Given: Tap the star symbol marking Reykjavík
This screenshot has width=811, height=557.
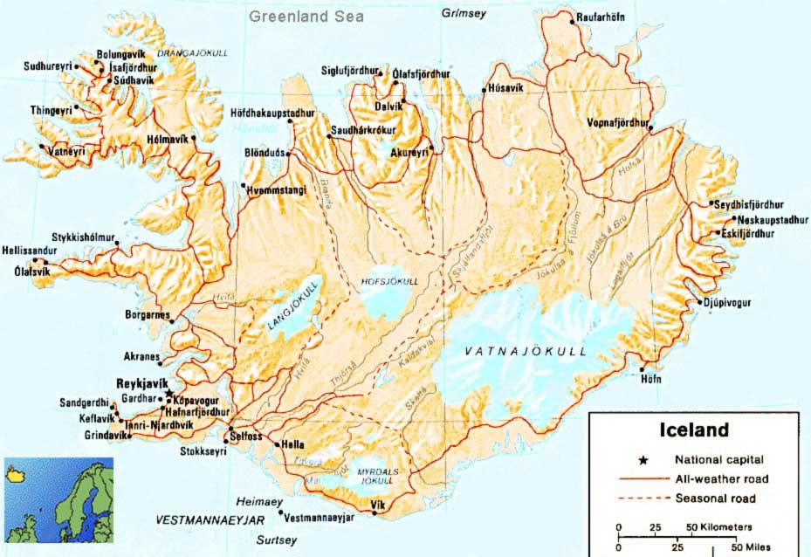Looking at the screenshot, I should coord(169,394).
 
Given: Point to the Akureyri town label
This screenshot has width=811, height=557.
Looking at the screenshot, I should coord(409,151).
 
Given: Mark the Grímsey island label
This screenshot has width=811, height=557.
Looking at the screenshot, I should coord(462,13).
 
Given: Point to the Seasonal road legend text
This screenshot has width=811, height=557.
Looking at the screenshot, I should coord(715,499).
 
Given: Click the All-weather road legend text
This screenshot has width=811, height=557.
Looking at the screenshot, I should coord(718,478).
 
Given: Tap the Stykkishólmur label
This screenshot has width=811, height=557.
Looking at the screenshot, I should coord(85,236).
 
